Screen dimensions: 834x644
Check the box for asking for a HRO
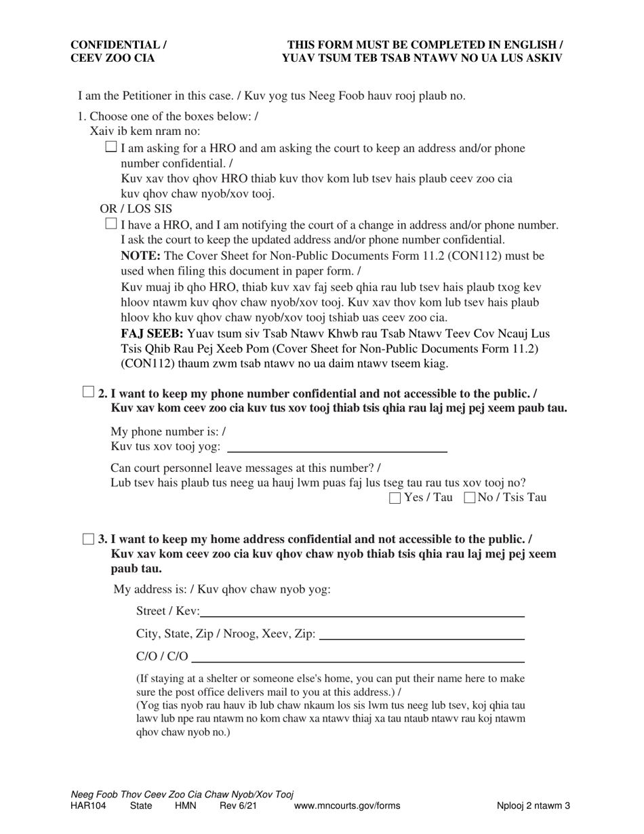pyautogui.click(x=112, y=147)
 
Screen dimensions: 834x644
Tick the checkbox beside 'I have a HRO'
pyautogui.click(x=112, y=224)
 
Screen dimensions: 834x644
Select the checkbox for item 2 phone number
pyautogui.click(x=88, y=392)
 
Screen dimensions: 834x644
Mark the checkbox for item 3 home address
pyautogui.click(x=88, y=539)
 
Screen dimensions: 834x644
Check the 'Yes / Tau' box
pyautogui.click(x=395, y=498)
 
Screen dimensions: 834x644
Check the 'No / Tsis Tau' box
pyautogui.click(x=469, y=498)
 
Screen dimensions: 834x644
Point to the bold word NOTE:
pyautogui.click(x=140, y=256)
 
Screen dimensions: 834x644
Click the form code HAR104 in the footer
pyautogui.click(x=88, y=806)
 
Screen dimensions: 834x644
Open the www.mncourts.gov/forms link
pyautogui.click(x=346, y=806)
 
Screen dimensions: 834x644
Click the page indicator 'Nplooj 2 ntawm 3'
pyautogui.click(x=532, y=806)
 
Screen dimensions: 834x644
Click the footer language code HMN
pyautogui.click(x=185, y=806)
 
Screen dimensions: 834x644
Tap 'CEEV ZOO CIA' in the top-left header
pyautogui.click(x=113, y=58)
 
